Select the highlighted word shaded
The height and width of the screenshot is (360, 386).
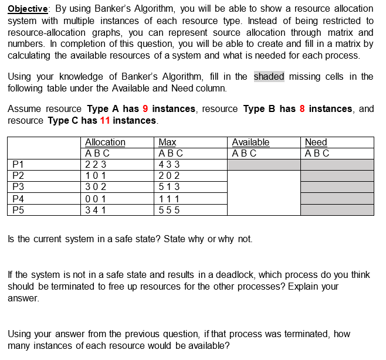pyautogui.click(x=269, y=76)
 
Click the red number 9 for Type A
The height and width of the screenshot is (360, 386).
pyautogui.click(x=145, y=109)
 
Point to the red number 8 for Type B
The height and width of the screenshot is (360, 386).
pyautogui.click(x=302, y=109)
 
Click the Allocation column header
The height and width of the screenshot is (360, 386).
pyautogui.click(x=105, y=142)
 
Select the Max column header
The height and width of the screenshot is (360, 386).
pyautogui.click(x=167, y=142)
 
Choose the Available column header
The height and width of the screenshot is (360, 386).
pyautogui.click(x=250, y=142)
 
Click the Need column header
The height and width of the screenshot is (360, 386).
pyautogui.click(x=316, y=142)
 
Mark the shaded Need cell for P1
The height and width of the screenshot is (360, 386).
pyautogui.click(x=337, y=165)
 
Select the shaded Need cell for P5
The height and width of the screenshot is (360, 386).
pyautogui.click(x=337, y=210)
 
